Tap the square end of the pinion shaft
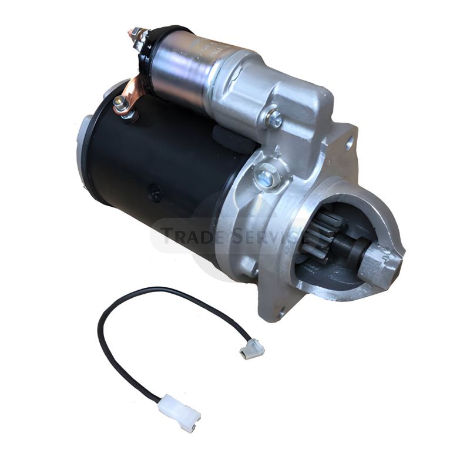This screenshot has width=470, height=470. click(381, 258)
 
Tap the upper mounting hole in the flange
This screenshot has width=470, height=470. click(350, 140)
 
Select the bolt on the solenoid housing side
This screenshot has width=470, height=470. click(273, 117)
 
